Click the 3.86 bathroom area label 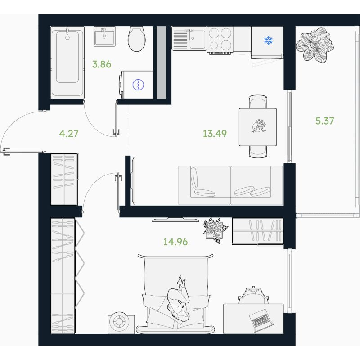pos(102,64)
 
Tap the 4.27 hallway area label pos(69,134)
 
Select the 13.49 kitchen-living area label pos(215,134)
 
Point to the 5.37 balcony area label pos(324,121)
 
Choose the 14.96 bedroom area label pos(175,242)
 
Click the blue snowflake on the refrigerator pos(268,40)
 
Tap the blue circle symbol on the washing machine pos(138,85)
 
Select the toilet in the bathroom pos(137,39)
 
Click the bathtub pos(67,63)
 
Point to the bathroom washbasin pos(104,36)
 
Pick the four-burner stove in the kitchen pos(220,40)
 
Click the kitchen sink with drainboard pos(189,38)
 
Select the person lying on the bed pos(179,298)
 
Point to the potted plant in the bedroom pos(215,230)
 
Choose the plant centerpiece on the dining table pos(259,126)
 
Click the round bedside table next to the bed pos(121,324)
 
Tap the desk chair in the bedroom pos(253,296)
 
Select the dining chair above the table pos(258,102)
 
